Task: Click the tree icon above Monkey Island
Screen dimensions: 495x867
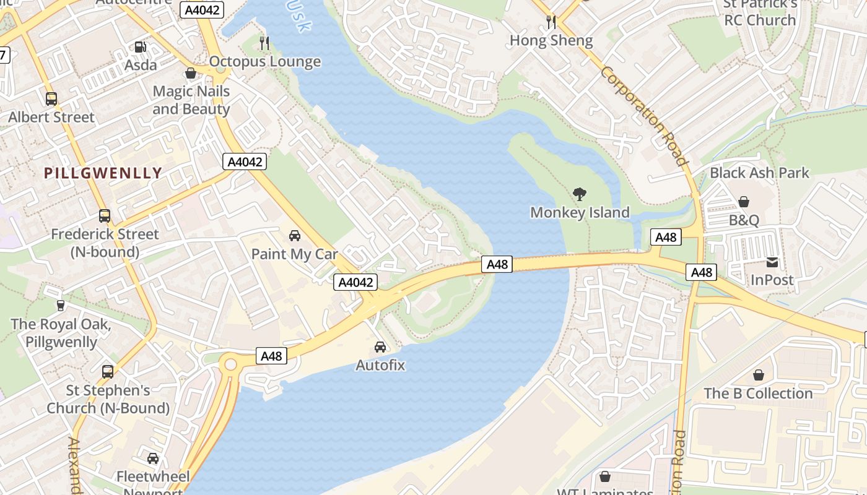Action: click(x=579, y=194)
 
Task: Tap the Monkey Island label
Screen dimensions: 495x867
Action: click(x=580, y=212)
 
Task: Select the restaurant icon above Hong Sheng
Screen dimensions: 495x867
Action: click(x=551, y=22)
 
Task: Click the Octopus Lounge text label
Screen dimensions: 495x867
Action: click(x=265, y=61)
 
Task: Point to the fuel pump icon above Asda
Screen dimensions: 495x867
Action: click(x=141, y=47)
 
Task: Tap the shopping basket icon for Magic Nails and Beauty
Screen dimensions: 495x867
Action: click(x=191, y=73)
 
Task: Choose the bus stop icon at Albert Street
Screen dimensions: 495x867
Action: click(x=51, y=98)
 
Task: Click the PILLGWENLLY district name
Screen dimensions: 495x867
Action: click(x=103, y=173)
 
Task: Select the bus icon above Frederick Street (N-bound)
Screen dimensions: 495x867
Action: click(x=105, y=216)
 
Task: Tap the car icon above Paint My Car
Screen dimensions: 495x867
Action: click(x=295, y=236)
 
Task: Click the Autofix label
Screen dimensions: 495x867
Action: click(x=380, y=365)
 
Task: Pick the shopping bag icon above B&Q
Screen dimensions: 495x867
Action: click(x=744, y=202)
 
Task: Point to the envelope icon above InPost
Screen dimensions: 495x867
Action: click(x=772, y=262)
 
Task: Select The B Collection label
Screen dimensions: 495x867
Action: click(x=758, y=394)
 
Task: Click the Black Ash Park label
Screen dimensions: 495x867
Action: click(x=759, y=173)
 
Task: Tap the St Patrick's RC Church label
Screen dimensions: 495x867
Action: click(x=760, y=12)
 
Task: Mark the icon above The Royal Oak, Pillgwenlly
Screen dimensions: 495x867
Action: click(x=61, y=305)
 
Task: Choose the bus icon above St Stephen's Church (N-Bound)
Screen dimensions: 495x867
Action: click(x=108, y=372)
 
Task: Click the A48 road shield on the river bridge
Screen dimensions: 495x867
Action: click(x=497, y=264)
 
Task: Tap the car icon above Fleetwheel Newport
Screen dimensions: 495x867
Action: click(x=153, y=458)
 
